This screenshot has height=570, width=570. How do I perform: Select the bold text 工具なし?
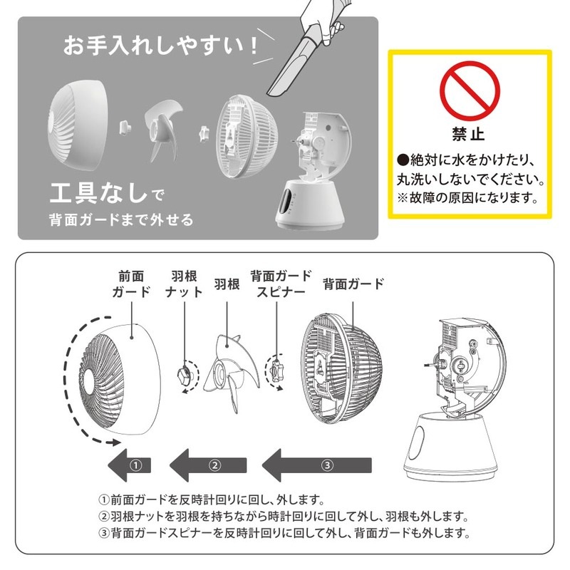(99, 192)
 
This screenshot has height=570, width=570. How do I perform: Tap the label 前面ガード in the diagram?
(132, 284)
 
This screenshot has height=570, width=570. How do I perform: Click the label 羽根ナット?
(183, 284)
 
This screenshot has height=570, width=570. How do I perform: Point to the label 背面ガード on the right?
(353, 284)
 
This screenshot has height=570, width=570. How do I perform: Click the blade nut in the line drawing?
(184, 371)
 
